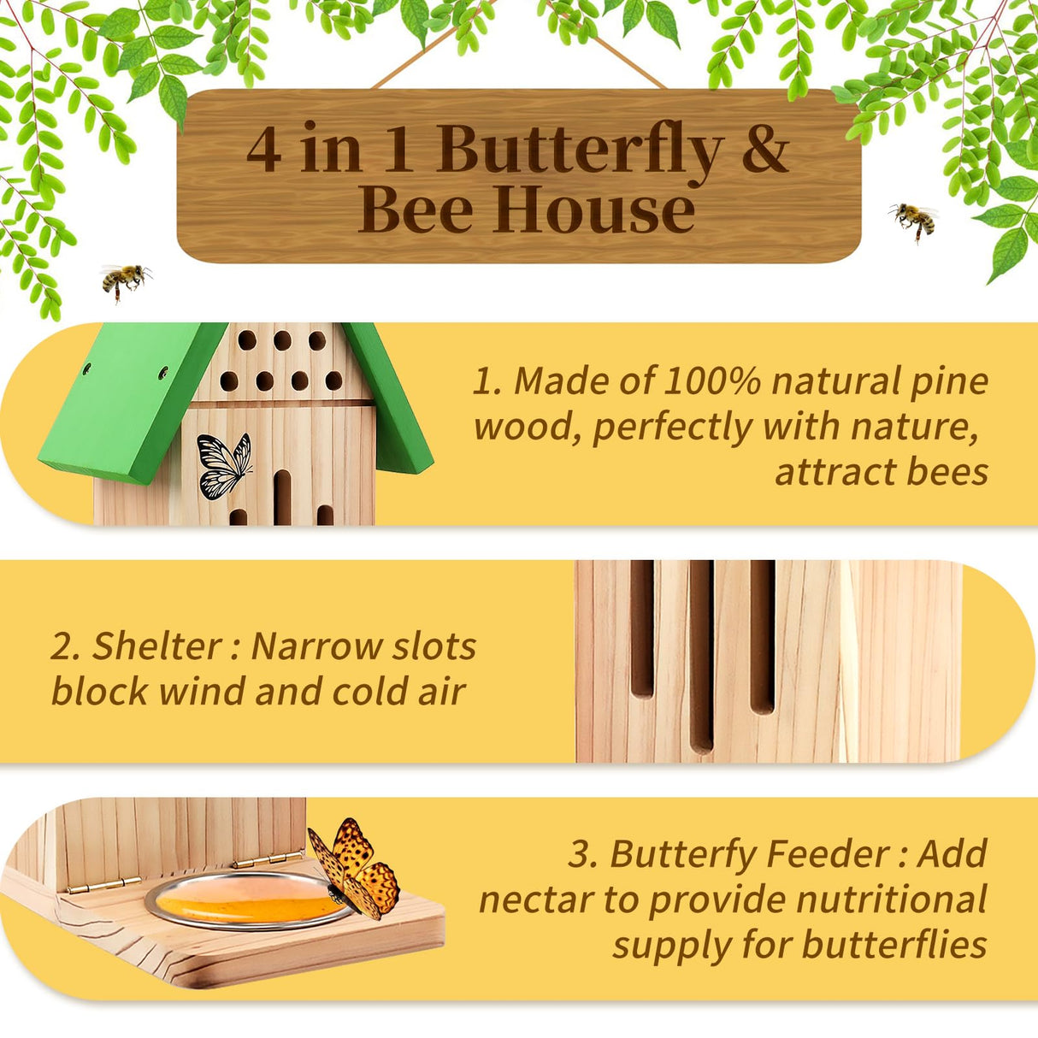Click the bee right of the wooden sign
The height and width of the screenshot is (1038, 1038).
[913, 220]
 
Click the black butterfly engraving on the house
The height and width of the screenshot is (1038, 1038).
[224, 465]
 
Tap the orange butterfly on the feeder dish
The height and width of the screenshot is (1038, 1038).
[355, 868]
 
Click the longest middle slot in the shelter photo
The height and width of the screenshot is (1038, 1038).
[701, 654]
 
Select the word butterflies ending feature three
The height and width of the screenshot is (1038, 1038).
[894, 945]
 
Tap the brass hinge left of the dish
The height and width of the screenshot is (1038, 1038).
[93, 886]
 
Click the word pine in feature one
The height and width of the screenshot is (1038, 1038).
[949, 380]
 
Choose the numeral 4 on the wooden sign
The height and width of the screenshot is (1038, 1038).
[264, 151]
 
